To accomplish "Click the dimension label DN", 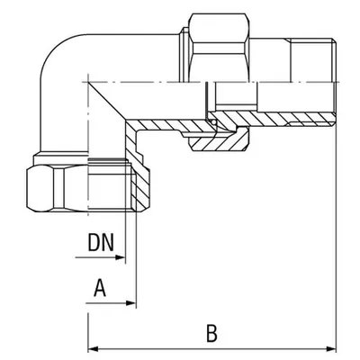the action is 101,242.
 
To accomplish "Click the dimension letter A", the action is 100,287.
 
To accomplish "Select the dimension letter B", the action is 211,333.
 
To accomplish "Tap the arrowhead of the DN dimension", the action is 120,257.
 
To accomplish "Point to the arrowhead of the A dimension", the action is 131,303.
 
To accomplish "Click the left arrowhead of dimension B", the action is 93,349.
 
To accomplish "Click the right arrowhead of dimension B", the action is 331,349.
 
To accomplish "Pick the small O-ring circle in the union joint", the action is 213,122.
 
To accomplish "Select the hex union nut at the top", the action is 219,48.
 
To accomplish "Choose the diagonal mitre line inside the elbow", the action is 107,101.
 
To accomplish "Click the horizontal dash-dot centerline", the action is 210,82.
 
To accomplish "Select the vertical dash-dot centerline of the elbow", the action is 88,144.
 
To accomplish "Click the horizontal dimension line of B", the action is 212,349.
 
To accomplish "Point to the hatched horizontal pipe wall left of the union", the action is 168,125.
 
